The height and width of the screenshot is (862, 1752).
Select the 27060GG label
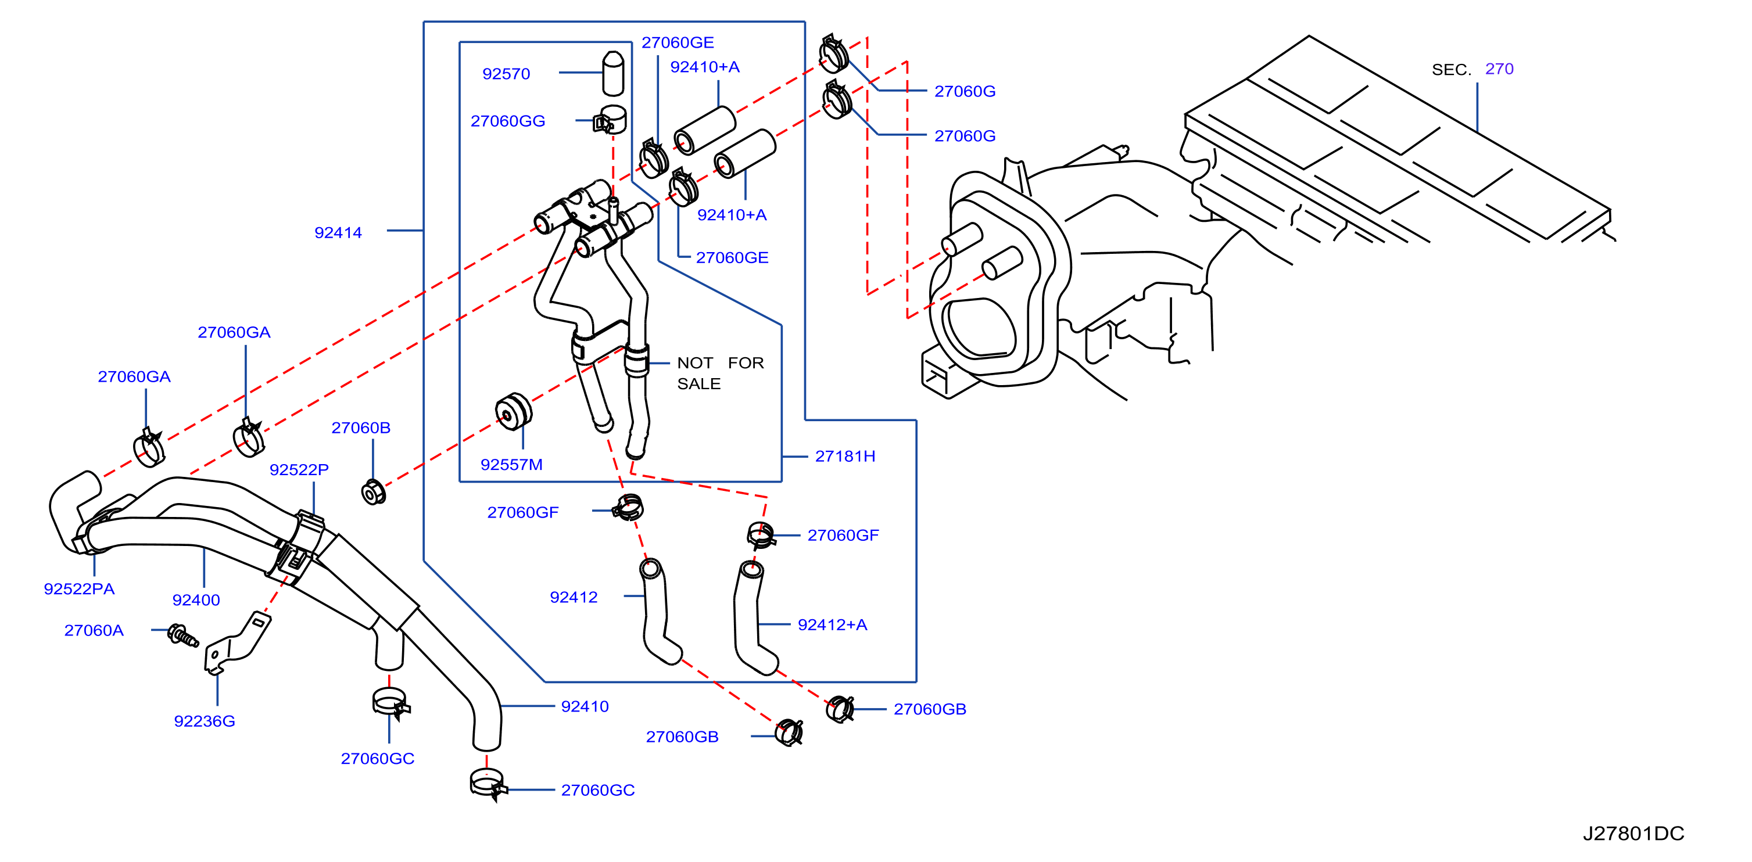[507, 121]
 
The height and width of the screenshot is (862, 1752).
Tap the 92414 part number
[338, 232]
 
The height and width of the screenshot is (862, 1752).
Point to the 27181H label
[845, 456]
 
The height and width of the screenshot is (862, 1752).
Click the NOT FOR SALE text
[720, 373]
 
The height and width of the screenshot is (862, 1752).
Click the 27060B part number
[360, 428]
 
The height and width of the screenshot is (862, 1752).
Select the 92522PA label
[79, 589]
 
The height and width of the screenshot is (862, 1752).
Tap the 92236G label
[204, 721]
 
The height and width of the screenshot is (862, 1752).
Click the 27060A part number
[94, 630]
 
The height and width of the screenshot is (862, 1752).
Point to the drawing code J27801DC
[1633, 834]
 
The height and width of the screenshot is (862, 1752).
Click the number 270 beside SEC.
[1499, 69]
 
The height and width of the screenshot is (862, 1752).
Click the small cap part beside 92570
[613, 73]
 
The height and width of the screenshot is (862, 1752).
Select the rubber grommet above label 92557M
[514, 411]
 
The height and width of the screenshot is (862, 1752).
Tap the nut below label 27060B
[374, 492]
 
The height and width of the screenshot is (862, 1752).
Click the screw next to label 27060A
[182, 635]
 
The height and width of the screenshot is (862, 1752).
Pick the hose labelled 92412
[659, 611]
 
